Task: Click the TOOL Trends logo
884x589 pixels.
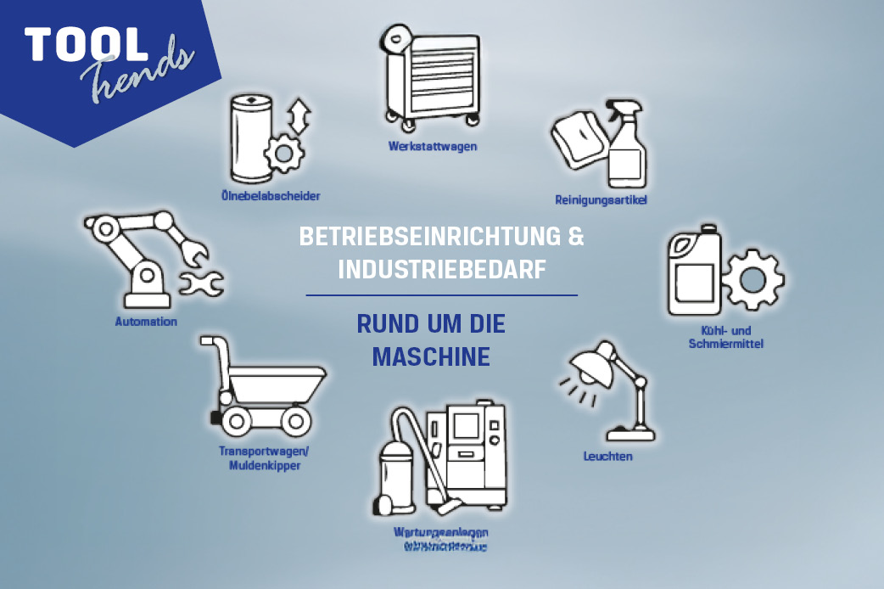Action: [x=106, y=59]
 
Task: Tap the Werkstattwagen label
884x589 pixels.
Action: [x=433, y=146]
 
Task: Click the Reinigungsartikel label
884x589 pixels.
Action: [x=601, y=200]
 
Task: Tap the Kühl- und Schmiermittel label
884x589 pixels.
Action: [x=727, y=337]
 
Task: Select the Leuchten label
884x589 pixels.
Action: [x=607, y=457]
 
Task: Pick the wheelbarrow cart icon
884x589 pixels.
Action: [x=263, y=386]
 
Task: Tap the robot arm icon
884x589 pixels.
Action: [x=148, y=259]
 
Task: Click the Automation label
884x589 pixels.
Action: [x=146, y=322]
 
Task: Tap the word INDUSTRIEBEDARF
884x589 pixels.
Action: [x=441, y=269]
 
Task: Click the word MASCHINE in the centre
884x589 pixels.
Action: [x=431, y=356]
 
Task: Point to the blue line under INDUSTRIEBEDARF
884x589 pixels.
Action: [x=441, y=295]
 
